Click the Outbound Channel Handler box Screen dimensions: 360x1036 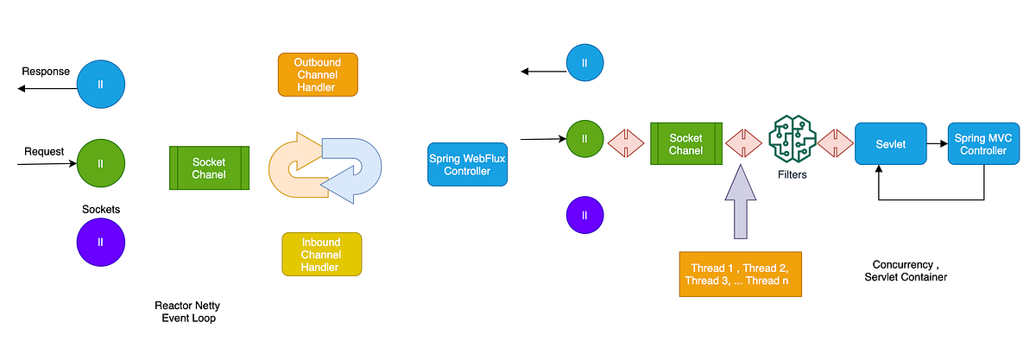(x=318, y=74)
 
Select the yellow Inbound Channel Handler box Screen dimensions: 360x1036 (x=321, y=255)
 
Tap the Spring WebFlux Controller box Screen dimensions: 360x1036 (x=467, y=165)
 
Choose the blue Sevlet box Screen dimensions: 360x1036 (x=890, y=144)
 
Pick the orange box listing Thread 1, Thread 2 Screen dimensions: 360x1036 (x=740, y=275)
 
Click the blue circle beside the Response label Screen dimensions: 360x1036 (x=101, y=85)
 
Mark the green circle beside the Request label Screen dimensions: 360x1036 (x=101, y=162)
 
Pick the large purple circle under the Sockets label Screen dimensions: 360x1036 (x=101, y=242)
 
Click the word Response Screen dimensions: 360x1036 (x=46, y=71)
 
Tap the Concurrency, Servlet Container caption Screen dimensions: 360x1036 (x=906, y=270)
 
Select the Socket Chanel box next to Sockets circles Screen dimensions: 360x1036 (x=209, y=168)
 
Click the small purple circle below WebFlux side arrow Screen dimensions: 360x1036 (x=584, y=214)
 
